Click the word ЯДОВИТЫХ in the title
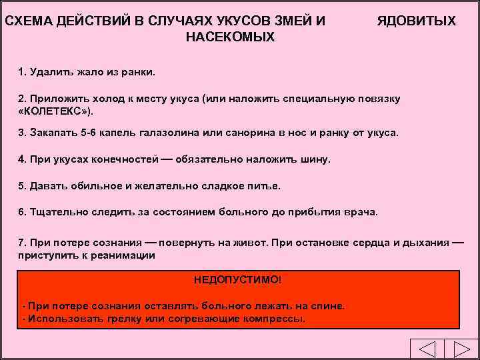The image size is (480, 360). [x=416, y=21]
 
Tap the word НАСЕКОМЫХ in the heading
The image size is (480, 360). [x=229, y=37]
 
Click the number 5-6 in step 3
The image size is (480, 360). [x=88, y=133]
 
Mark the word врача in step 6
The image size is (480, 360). [x=360, y=213]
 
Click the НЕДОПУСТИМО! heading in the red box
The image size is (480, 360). [x=238, y=279]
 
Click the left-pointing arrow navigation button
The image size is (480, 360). [x=421, y=350]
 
